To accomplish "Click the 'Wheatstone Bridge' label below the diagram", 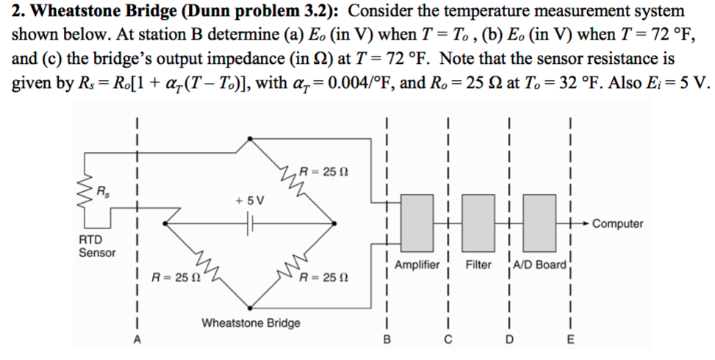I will pyautogui.click(x=251, y=323).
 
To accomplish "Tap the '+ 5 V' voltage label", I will pyautogui.click(x=250, y=201).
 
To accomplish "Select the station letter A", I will pyautogui.click(x=136, y=339).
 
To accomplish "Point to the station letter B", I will pyautogui.click(x=387, y=339).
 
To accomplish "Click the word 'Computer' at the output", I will pyautogui.click(x=617, y=223).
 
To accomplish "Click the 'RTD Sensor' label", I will pyautogui.click(x=97, y=246).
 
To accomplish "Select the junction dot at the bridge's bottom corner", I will pyautogui.click(x=251, y=306).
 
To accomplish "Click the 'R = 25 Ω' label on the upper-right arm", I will pyautogui.click(x=323, y=172).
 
